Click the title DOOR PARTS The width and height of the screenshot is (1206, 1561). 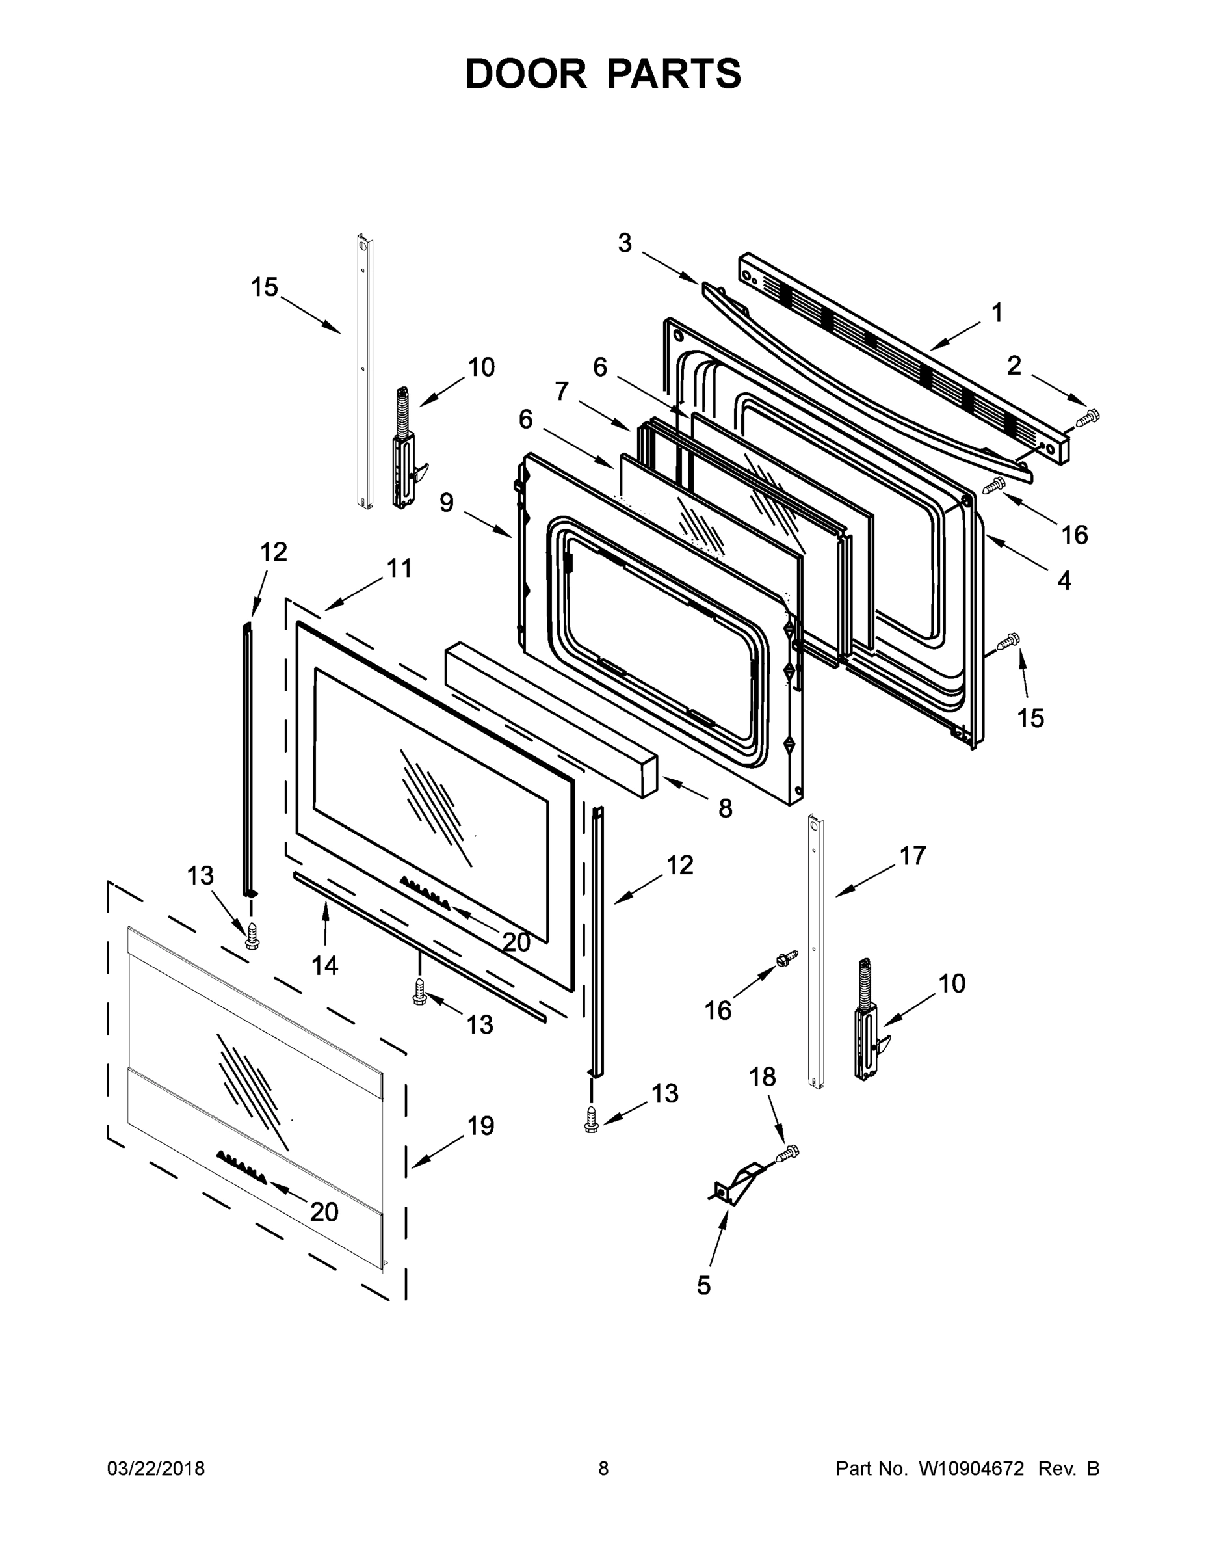pyautogui.click(x=603, y=73)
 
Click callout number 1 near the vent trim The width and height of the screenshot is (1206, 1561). pyautogui.click(x=997, y=312)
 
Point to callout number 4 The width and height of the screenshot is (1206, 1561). pyautogui.click(x=1064, y=580)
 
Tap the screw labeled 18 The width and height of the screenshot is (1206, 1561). pyautogui.click(x=789, y=1151)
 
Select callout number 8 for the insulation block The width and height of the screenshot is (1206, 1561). pyautogui.click(x=725, y=808)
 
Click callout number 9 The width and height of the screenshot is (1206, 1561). pyautogui.click(x=447, y=503)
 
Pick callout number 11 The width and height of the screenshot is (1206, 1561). pyautogui.click(x=399, y=568)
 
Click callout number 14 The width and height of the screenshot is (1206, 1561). pyautogui.click(x=324, y=966)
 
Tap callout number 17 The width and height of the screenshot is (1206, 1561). pyautogui.click(x=912, y=855)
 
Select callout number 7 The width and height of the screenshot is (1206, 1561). pyautogui.click(x=562, y=391)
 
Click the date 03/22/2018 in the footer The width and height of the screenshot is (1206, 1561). pyautogui.click(x=156, y=1468)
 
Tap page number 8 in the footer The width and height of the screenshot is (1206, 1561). pyautogui.click(x=603, y=1468)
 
